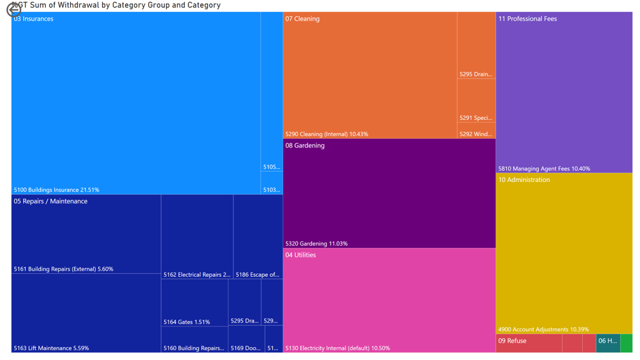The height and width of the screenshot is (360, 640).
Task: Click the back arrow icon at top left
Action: pyautogui.click(x=13, y=10)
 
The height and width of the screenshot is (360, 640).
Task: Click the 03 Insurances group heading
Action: pyautogui.click(x=33, y=19)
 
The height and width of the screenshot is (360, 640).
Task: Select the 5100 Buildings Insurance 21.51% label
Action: pyautogui.click(x=56, y=190)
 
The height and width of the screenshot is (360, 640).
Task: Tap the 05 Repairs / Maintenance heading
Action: pyautogui.click(x=50, y=201)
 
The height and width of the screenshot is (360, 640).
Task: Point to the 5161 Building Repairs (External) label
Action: pyautogui.click(x=63, y=269)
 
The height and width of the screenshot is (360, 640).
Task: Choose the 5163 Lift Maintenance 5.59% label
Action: pyautogui.click(x=51, y=348)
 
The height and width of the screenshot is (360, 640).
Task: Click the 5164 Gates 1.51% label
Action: pyautogui.click(x=186, y=322)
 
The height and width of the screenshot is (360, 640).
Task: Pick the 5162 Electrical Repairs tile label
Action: pyautogui.click(x=197, y=274)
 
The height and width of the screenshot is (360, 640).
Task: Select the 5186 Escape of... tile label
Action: pyautogui.click(x=257, y=274)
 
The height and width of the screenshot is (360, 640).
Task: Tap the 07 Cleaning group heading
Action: pyautogui.click(x=302, y=19)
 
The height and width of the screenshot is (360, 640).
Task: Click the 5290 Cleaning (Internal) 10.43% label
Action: pyautogui.click(x=326, y=134)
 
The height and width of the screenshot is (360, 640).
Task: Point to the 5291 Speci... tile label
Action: pyautogui.click(x=476, y=118)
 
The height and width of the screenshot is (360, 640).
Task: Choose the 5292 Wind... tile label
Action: pyautogui.click(x=476, y=134)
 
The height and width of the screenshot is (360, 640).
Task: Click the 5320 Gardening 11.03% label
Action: pyautogui.click(x=316, y=243)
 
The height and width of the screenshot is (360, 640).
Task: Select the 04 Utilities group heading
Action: pyautogui.click(x=300, y=255)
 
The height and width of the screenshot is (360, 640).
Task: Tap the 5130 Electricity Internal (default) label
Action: pyautogui.click(x=337, y=348)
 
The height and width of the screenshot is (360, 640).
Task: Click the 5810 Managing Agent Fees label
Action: pyautogui.click(x=544, y=168)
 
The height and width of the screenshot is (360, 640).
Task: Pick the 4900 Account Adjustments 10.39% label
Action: pyautogui.click(x=543, y=329)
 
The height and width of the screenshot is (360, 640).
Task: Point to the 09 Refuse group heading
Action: pyautogui.click(x=512, y=341)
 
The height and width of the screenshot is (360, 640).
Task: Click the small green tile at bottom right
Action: pyautogui.click(x=626, y=343)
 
